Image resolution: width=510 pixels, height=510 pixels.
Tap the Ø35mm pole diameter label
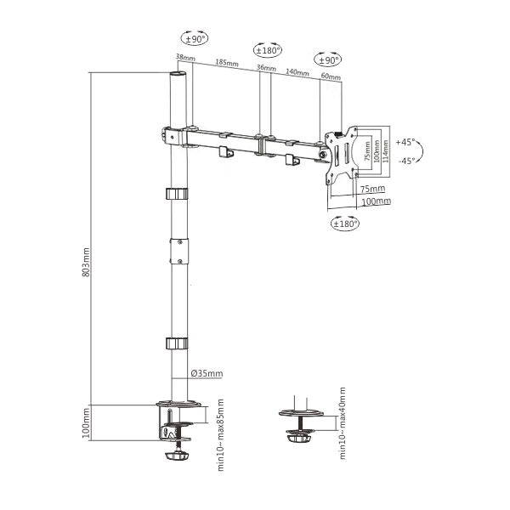pos(207,373)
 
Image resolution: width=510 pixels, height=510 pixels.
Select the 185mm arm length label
pos(226,62)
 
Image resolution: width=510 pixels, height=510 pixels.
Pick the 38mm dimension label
pos(183,58)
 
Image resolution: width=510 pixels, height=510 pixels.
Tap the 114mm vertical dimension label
pos(386,150)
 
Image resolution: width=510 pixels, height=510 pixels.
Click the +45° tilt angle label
pos(405,142)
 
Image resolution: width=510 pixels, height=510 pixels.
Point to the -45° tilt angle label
pos(405,161)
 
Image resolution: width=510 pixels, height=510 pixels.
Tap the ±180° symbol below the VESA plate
pos(344,224)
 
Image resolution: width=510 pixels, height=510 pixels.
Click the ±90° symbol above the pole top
pos(195,38)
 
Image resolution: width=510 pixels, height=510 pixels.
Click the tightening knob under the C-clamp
pos(177,456)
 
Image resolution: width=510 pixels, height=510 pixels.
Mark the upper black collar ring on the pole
pos(175,192)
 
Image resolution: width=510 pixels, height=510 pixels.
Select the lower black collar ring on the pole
pos(175,343)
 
